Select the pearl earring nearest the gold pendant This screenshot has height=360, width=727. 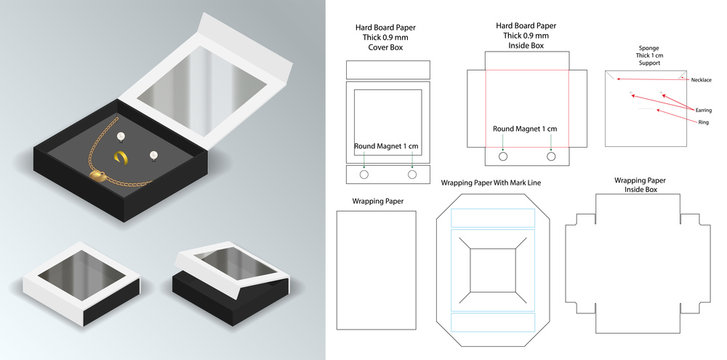point(156,155)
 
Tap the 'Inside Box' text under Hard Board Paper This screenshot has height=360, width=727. point(525,46)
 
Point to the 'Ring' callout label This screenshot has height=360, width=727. point(703,121)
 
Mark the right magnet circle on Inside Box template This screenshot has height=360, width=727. point(551,156)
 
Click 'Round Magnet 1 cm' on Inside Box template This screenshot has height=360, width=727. point(525,129)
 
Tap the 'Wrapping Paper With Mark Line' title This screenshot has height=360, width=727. point(488,183)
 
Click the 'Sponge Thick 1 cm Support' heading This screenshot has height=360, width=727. point(648,54)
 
